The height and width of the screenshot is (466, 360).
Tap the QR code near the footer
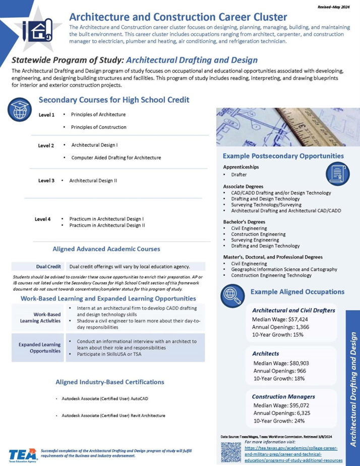point(231,452)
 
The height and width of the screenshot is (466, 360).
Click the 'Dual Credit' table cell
point(48,266)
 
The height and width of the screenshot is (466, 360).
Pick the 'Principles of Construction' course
point(99,127)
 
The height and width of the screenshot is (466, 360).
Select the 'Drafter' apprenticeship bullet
point(239,174)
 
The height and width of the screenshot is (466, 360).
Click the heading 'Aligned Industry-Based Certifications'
point(110,382)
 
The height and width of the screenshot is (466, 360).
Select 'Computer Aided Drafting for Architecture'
point(116,158)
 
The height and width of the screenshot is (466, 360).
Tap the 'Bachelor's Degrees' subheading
point(244,221)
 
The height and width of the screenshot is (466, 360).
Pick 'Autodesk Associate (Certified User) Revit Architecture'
point(113,416)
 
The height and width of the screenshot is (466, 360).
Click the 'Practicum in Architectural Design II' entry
point(107,225)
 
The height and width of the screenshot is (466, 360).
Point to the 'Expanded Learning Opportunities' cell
point(41,347)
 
